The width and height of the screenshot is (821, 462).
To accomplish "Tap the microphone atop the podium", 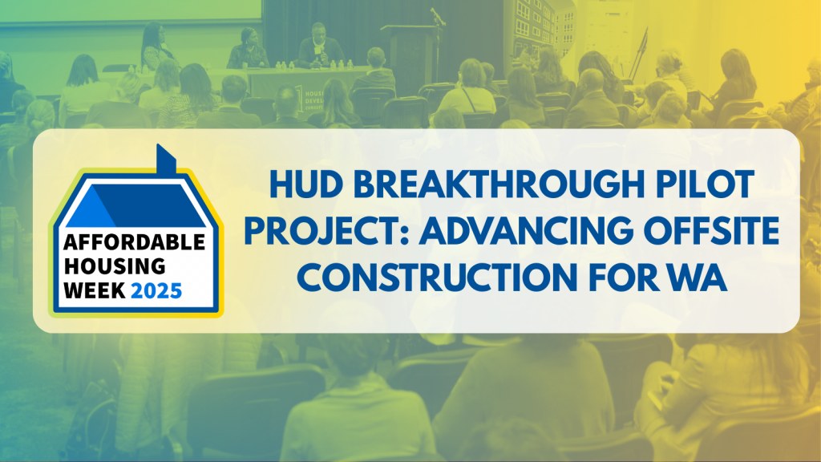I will [437, 15].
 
